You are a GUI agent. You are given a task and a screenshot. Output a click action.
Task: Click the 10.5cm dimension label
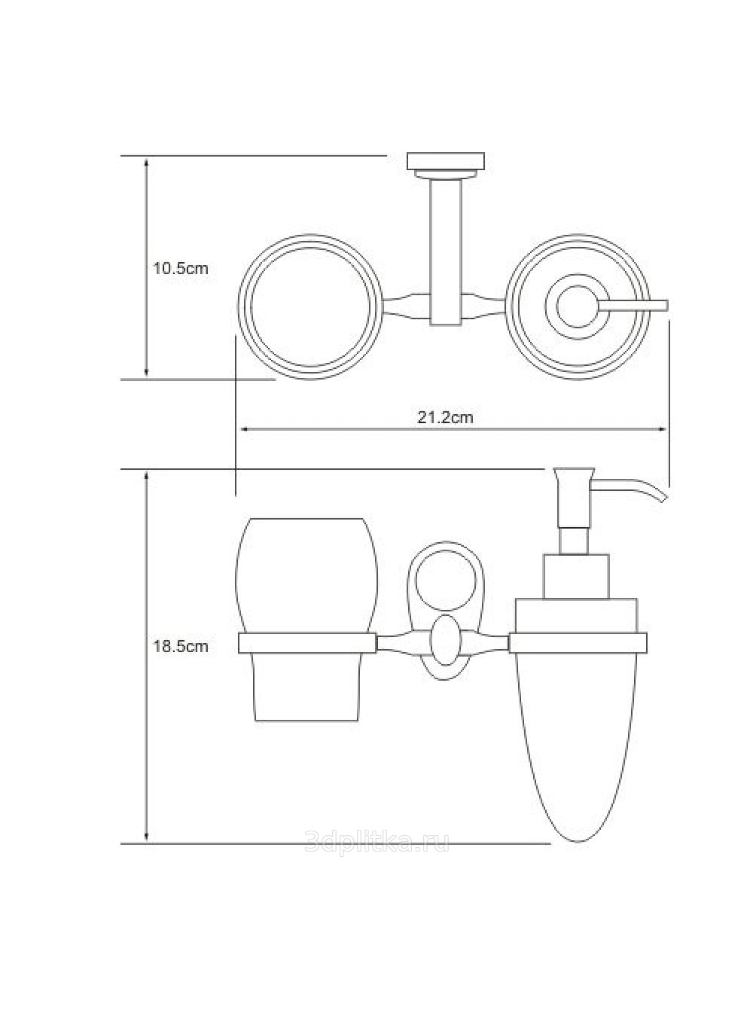(181, 269)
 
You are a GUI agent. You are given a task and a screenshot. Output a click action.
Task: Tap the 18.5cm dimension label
(181, 646)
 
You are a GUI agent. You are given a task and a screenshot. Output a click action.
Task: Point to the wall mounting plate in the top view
(446, 160)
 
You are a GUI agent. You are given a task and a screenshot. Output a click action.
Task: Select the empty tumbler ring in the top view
(310, 307)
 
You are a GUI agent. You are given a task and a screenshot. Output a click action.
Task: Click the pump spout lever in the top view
(632, 306)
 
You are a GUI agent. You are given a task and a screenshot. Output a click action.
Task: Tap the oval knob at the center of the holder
(445, 640)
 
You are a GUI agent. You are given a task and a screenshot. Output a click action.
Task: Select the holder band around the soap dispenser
(578, 643)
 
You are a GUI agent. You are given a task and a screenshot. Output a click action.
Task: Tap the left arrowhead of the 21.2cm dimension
(245, 429)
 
